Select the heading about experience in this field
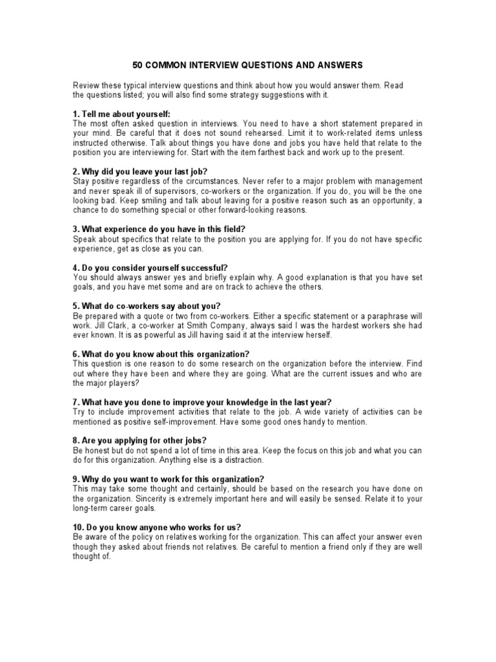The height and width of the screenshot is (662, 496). tap(159, 230)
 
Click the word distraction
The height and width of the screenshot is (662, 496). tap(243, 460)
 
